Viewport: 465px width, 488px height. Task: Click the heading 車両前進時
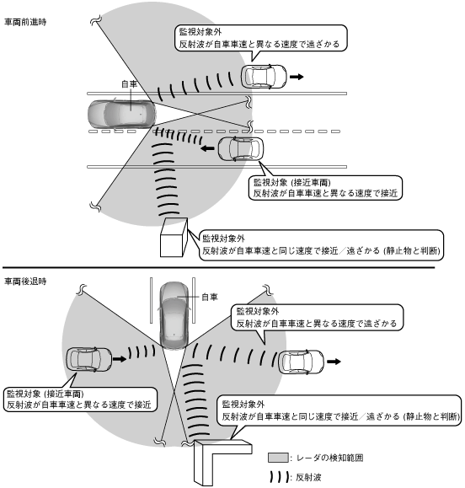click(x=25, y=22)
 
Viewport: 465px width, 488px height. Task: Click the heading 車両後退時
click(x=25, y=282)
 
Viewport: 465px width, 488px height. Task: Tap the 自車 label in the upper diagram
click(x=129, y=84)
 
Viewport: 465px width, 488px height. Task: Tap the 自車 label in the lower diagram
click(x=210, y=297)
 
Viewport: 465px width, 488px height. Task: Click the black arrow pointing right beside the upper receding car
click(x=297, y=77)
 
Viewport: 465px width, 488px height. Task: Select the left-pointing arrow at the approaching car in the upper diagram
click(x=207, y=148)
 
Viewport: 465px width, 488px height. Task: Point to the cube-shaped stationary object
click(x=174, y=237)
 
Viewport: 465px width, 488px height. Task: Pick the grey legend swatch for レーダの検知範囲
click(x=278, y=458)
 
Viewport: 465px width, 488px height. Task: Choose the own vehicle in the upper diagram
click(x=122, y=114)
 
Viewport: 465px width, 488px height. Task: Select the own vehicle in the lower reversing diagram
click(x=174, y=315)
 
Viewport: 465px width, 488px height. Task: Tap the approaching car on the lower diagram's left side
click(x=89, y=359)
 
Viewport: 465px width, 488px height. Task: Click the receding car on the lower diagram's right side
click(x=301, y=362)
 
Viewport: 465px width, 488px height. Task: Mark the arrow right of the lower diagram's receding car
click(x=334, y=362)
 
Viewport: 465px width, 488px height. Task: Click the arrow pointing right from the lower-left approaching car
click(x=120, y=359)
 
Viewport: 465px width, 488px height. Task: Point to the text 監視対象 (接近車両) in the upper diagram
click(x=292, y=182)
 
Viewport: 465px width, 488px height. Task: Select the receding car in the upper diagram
click(x=264, y=77)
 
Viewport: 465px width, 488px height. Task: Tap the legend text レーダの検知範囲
click(x=330, y=458)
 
